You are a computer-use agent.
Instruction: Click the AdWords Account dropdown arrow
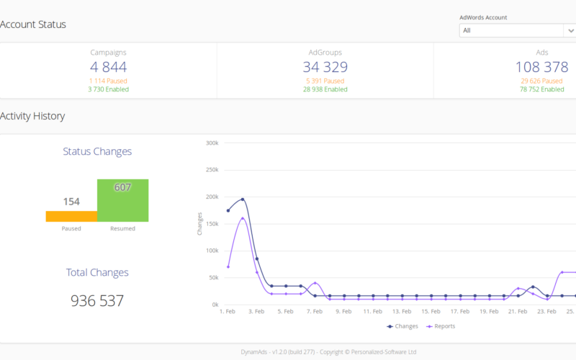tap(570, 30)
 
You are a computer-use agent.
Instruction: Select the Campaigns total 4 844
tap(109, 67)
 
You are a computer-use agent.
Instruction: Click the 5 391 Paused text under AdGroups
tap(325, 81)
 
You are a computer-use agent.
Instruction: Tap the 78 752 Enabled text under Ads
tap(542, 89)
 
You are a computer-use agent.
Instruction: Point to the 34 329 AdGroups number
tap(325, 67)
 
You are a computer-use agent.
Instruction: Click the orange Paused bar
tap(71, 217)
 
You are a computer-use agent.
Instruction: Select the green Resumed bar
tap(122, 201)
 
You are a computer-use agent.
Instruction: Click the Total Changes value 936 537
tap(97, 301)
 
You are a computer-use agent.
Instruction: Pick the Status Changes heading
tap(97, 151)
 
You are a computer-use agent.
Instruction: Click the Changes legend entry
tap(402, 326)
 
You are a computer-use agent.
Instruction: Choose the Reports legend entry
tap(441, 326)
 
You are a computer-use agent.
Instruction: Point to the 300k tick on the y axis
tap(212, 143)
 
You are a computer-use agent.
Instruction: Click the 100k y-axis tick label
tap(212, 251)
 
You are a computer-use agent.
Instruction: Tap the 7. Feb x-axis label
tap(315, 312)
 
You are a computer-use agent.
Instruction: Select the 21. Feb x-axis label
tap(518, 312)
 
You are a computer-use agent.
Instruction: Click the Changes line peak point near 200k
tap(243, 199)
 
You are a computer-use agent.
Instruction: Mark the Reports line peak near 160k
tap(243, 218)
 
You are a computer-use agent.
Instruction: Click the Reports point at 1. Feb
tap(228, 267)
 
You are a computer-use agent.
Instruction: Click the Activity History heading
tap(32, 116)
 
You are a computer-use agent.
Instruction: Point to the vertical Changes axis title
tap(199, 224)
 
